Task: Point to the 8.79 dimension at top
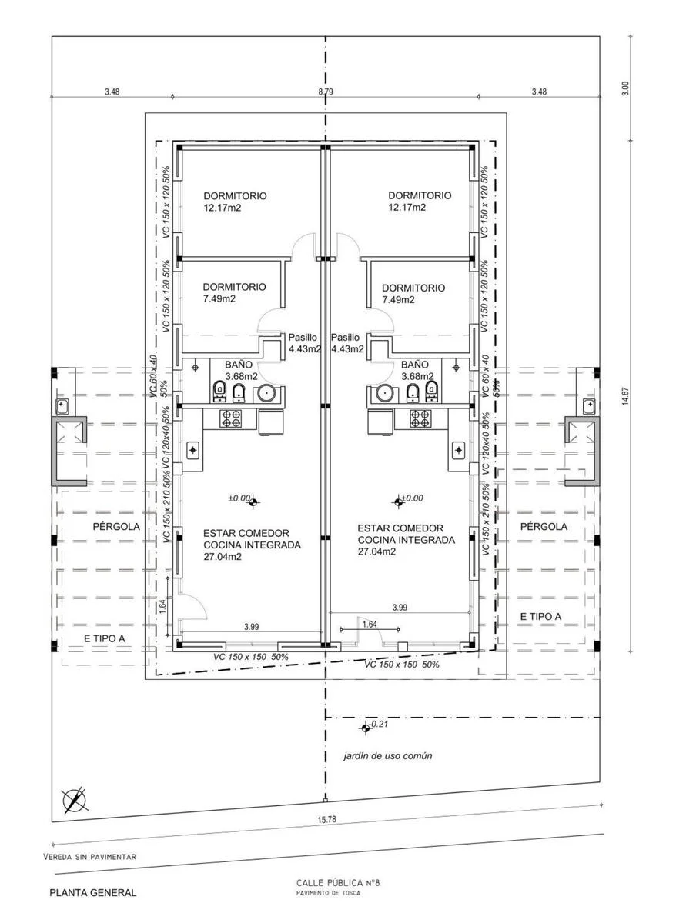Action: click(326, 92)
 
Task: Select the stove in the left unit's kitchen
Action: click(232, 418)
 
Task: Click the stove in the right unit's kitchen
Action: click(420, 418)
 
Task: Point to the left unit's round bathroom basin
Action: click(266, 393)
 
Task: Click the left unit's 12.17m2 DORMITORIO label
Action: click(235, 202)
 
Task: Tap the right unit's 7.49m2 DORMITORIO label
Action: click(413, 293)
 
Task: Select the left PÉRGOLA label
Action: click(116, 526)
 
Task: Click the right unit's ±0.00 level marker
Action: click(399, 503)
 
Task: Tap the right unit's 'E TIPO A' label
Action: click(540, 617)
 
